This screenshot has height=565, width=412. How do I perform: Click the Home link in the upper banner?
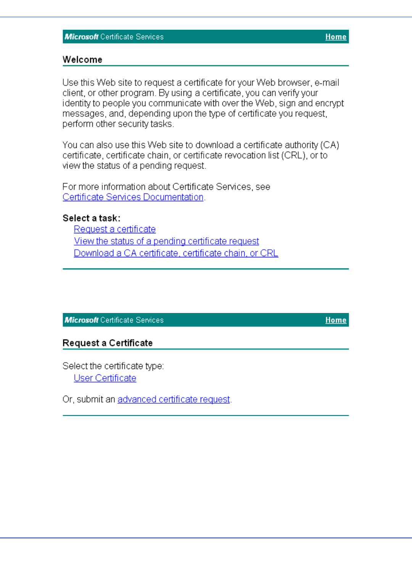point(336,37)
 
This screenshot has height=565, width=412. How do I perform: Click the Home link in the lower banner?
point(336,320)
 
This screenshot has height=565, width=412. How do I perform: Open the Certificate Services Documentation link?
point(133,197)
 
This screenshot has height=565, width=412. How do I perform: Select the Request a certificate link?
point(114,229)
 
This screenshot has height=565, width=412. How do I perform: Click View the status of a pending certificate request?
point(166,241)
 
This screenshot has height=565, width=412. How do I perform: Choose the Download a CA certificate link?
point(176,253)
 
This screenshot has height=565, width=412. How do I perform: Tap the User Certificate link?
point(105,378)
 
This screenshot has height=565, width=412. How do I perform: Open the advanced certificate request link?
point(174,399)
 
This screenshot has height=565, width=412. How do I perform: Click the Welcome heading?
point(82,60)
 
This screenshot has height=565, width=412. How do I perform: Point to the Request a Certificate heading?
point(108,343)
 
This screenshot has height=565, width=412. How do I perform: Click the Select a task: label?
point(92,218)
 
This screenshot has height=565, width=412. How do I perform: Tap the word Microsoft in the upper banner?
point(82,37)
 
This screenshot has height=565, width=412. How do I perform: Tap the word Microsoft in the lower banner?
point(82,320)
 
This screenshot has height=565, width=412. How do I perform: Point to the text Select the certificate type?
point(113,366)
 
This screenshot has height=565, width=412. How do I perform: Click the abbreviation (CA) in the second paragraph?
point(330,145)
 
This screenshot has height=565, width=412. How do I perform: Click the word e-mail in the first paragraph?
point(327,83)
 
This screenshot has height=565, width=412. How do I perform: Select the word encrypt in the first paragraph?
point(329,103)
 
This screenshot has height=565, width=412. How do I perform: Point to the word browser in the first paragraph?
point(294,83)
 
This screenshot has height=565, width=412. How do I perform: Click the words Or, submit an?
point(89,399)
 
